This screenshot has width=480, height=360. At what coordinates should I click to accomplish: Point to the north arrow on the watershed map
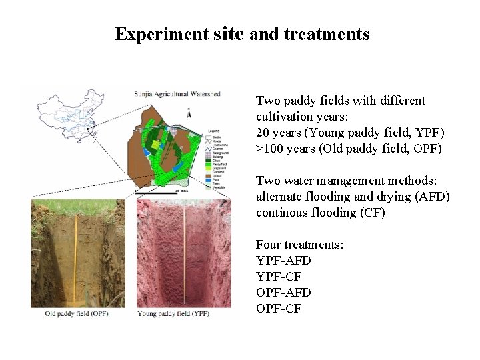click(x=189, y=114)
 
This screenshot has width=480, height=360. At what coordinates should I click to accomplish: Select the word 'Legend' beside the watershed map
click(x=213, y=130)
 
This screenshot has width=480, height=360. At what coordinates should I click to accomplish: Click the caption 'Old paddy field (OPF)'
click(x=77, y=313)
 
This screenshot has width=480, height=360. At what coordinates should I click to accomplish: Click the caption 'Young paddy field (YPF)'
click(x=173, y=313)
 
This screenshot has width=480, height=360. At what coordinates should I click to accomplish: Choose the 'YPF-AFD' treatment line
click(x=283, y=261)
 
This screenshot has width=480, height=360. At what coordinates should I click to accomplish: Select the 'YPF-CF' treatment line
click(x=279, y=277)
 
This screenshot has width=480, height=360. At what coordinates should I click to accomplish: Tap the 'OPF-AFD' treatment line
click(x=283, y=293)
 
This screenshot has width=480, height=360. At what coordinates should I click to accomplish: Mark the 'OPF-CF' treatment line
click(x=279, y=309)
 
